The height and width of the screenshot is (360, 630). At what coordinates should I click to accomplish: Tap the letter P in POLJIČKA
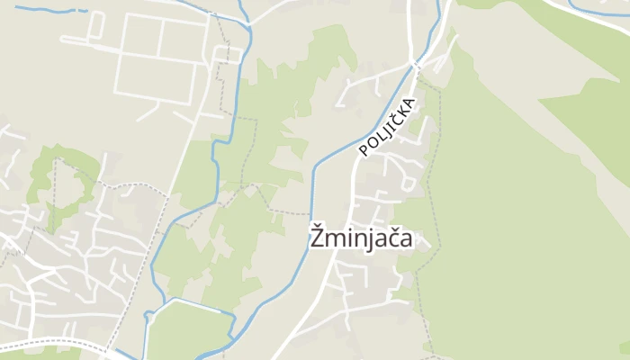click(x=364, y=149)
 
